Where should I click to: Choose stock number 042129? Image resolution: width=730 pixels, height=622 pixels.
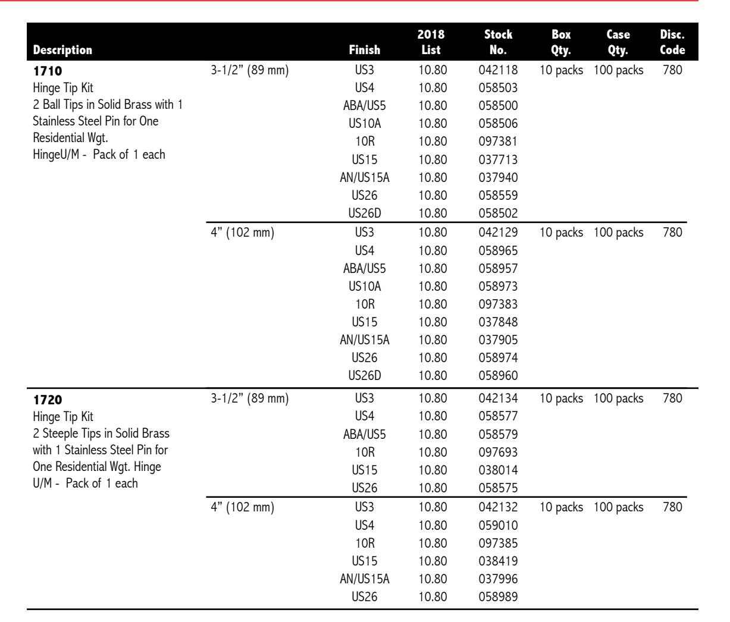498,233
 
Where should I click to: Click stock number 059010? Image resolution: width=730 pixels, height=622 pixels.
498,526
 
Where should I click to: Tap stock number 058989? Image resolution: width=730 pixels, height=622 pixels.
498,596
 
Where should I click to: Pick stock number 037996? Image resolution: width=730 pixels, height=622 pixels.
498,579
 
